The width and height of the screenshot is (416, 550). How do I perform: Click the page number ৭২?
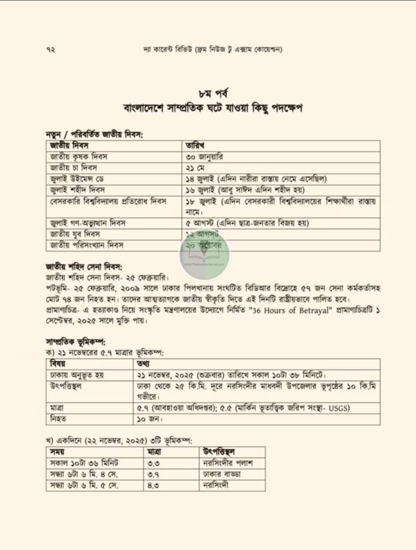tap(50, 50)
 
